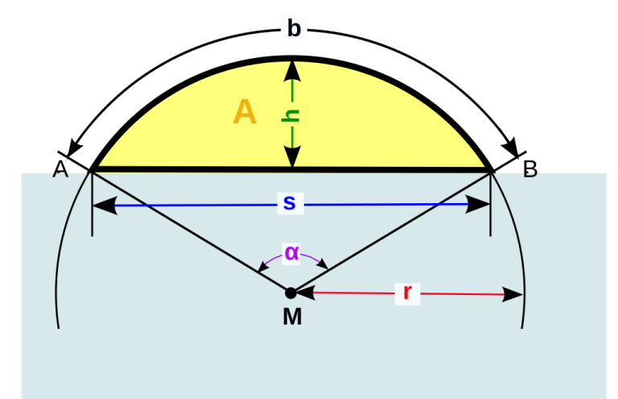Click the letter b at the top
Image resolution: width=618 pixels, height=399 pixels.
click(294, 29)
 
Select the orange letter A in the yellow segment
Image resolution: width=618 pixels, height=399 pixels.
click(245, 112)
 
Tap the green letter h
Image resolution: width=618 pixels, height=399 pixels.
click(291, 115)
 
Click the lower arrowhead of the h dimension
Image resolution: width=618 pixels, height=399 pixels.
click(292, 157)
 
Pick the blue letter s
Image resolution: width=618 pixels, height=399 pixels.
click(289, 203)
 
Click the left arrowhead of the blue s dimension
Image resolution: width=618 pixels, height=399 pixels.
click(104, 206)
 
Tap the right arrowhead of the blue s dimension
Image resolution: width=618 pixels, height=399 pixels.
click(479, 205)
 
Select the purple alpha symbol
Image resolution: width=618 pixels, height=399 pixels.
click(291, 252)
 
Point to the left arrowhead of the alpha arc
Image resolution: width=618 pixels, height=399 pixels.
click(264, 267)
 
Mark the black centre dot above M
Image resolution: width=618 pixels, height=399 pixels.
click(290, 293)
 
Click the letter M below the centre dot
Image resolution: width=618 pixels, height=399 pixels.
click(292, 317)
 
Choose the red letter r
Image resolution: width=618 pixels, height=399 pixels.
click(406, 293)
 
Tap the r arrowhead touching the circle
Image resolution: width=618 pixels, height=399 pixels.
click(513, 295)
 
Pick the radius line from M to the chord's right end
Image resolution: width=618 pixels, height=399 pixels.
click(390, 231)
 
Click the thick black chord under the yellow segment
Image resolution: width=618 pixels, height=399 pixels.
click(201, 169)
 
